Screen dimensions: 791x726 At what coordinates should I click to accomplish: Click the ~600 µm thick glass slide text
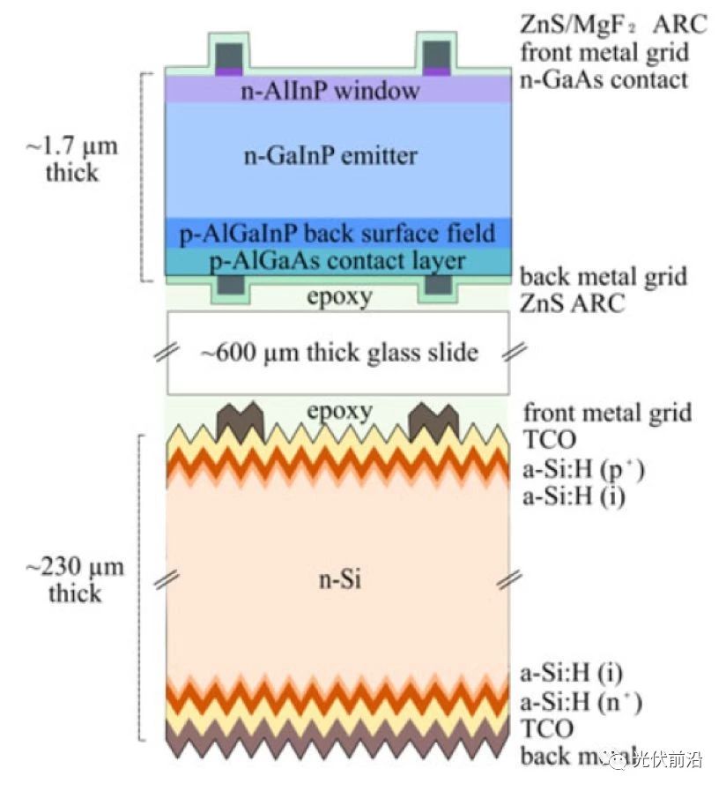pos(338,354)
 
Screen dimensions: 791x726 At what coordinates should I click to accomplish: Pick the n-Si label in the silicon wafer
pos(339,580)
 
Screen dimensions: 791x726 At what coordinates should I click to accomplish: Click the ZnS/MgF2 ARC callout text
pos(613,24)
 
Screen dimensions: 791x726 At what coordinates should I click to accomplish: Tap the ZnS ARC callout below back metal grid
pos(572,304)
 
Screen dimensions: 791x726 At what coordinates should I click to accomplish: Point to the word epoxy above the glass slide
pos(339,297)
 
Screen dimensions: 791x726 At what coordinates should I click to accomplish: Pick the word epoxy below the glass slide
pos(339,410)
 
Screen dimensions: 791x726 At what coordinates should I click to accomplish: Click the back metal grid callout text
pos(604,278)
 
